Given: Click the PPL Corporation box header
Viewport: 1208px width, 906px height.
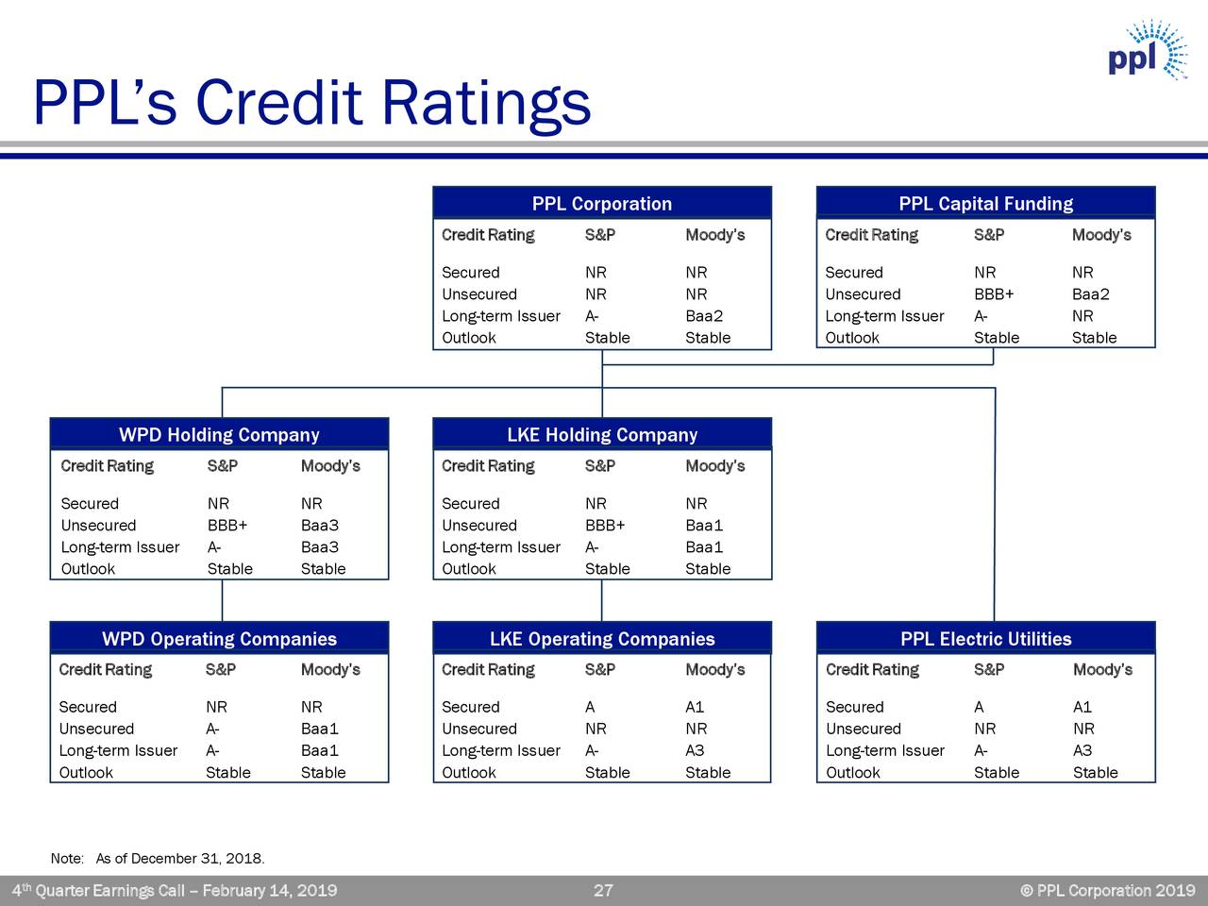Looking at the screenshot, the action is (602, 203).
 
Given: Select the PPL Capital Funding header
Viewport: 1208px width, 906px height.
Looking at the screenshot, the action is (985, 203).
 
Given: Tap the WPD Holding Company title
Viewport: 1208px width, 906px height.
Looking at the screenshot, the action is (219, 434).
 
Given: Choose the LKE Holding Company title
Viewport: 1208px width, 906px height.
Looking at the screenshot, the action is (602, 434).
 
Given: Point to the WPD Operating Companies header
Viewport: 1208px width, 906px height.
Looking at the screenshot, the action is (219, 638).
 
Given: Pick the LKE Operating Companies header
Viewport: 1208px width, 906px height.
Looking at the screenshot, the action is (602, 638).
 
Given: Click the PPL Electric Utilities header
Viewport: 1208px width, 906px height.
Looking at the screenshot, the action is (985, 638).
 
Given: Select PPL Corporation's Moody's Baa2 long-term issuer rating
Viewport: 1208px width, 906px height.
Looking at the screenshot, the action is (704, 316).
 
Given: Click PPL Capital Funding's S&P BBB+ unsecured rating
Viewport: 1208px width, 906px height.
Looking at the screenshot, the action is (994, 294).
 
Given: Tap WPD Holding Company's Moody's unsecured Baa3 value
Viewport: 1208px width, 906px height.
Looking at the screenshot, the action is (320, 525).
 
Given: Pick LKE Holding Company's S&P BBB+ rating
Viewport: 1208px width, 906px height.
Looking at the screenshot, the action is (605, 525).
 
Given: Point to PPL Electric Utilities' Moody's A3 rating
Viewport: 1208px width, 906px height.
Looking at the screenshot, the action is (1082, 750).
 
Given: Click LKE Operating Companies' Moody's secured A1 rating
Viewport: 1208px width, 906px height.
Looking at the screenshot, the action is (695, 706).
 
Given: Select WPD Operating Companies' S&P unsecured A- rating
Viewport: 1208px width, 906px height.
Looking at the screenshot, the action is (212, 729).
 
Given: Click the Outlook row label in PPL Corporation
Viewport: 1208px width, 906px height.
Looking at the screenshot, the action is (468, 337).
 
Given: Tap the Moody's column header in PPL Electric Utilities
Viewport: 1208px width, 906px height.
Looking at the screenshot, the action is (1102, 669).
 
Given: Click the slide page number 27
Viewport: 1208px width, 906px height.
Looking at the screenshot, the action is (603, 890).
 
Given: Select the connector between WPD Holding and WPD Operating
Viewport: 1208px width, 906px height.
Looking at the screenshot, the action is (223, 601).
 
